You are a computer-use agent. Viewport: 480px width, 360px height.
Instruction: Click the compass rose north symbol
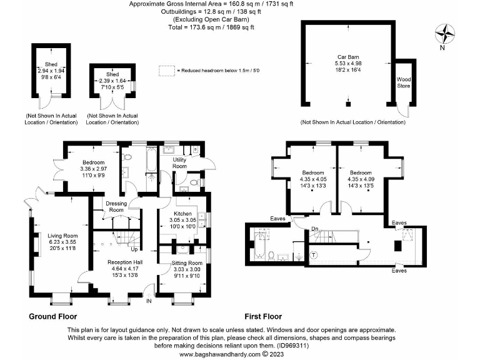[444, 34]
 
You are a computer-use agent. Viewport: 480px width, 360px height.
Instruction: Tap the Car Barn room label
[347, 57]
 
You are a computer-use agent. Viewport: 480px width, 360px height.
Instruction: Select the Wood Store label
[404, 82]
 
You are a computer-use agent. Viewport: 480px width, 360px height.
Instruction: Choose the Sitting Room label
[187, 263]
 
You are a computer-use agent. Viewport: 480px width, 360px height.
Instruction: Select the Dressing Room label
[117, 207]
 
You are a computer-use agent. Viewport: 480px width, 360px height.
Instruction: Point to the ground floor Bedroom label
[94, 162]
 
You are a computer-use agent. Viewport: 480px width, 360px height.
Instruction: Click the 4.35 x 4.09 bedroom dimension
[361, 179]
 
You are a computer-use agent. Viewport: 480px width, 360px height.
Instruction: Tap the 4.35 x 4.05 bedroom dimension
[313, 179]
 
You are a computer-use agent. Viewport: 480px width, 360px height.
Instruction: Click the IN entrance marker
[149, 301]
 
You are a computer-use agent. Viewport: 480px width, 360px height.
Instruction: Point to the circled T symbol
[314, 254]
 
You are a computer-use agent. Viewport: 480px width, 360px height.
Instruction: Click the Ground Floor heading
[52, 316]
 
